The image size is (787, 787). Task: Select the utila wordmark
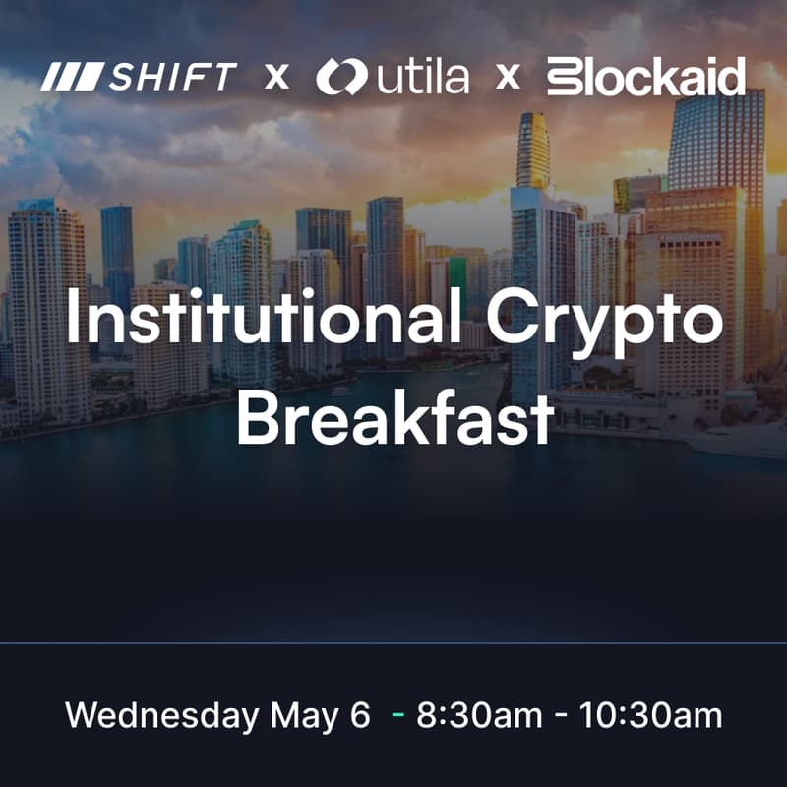click(411, 77)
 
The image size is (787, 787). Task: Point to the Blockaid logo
click(645, 76)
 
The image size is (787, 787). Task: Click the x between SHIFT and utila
click(276, 76)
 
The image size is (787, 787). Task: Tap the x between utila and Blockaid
click(508, 76)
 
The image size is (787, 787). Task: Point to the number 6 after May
click(360, 715)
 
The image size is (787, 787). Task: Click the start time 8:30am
click(478, 715)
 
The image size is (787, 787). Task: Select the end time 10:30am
click(651, 715)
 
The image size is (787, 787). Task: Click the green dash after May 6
click(396, 716)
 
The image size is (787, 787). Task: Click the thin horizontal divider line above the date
click(393, 643)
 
